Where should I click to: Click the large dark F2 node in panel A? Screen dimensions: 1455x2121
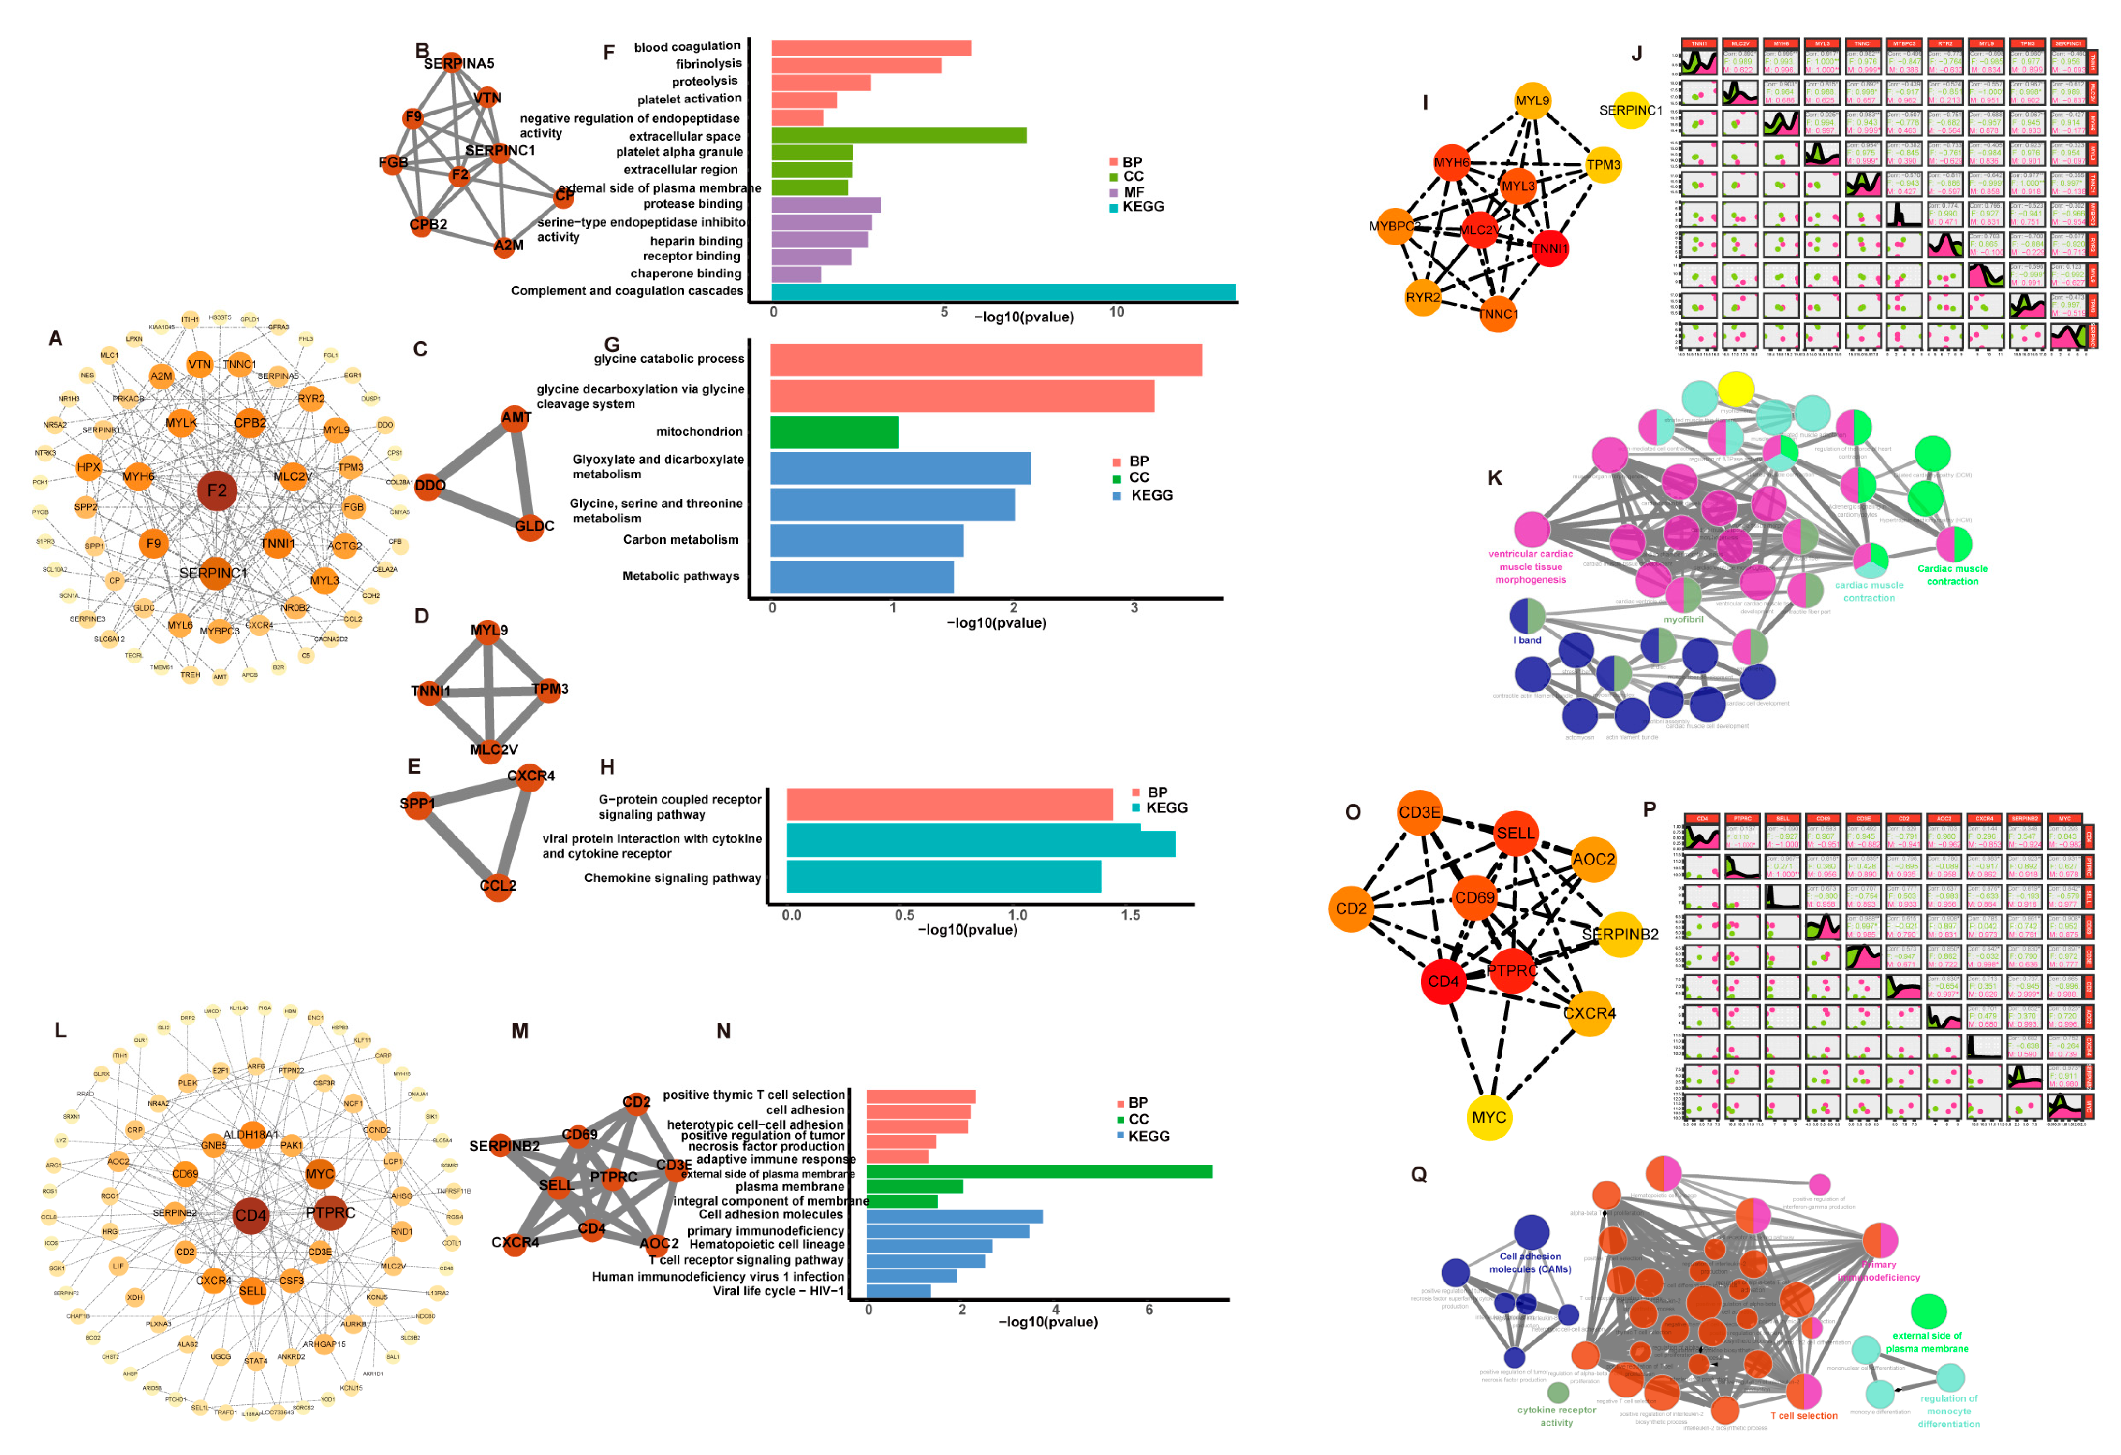pos(217,491)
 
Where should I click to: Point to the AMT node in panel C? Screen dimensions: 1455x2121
pos(516,418)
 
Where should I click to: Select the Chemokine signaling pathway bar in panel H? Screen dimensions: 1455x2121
pos(943,878)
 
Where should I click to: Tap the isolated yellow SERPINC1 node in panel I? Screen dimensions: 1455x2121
pos(1630,110)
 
